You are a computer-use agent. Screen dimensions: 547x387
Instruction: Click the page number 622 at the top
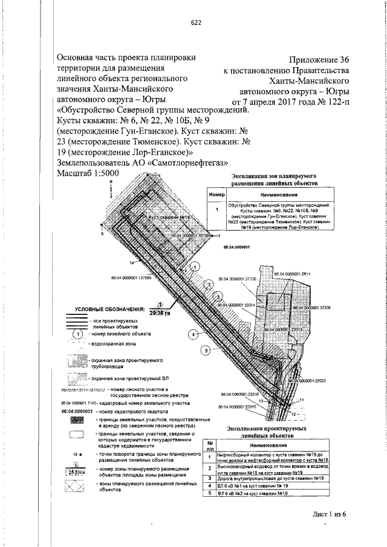tap(195, 23)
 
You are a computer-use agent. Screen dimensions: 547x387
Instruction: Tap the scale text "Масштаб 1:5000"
tap(87, 173)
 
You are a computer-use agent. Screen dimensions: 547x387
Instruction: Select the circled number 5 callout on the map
tap(206, 350)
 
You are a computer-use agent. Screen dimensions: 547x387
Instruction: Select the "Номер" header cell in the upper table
tap(216, 196)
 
